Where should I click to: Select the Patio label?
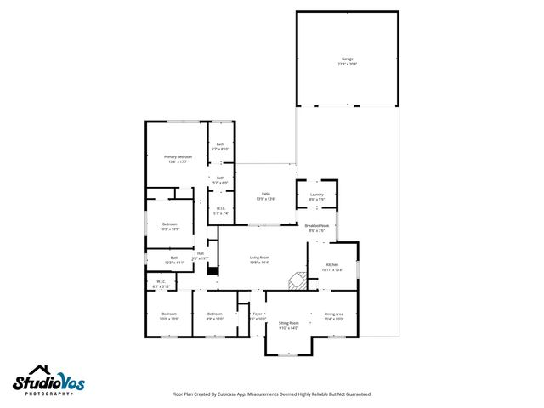(x=265, y=196)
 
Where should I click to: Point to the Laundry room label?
(x=316, y=197)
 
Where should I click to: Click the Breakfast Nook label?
(x=318, y=228)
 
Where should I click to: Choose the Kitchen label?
(x=332, y=267)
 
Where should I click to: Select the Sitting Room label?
(x=289, y=325)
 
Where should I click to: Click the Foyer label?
(x=258, y=316)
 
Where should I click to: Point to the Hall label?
(x=201, y=255)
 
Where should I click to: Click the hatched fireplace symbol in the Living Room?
(x=295, y=281)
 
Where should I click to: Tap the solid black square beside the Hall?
(x=212, y=273)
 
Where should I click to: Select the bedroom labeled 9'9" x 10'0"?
(x=215, y=316)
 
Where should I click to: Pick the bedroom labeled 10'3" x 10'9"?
(x=170, y=226)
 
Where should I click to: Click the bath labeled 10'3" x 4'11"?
(x=174, y=260)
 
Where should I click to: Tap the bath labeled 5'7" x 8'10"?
(x=220, y=146)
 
